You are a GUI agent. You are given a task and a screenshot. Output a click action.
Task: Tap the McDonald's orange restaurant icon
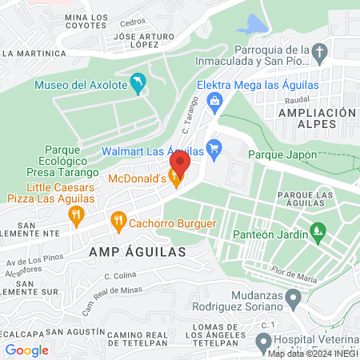[x=175, y=182]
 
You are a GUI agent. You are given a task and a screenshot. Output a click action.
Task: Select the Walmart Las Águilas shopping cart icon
[x=214, y=148]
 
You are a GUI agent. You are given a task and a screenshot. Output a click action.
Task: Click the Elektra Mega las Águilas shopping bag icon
[x=214, y=100]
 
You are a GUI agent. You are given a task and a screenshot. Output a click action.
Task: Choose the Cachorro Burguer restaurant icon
[x=118, y=219]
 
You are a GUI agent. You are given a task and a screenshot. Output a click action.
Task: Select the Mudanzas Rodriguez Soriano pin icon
[x=293, y=300]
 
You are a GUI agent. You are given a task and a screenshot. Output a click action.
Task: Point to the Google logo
[x=26, y=350]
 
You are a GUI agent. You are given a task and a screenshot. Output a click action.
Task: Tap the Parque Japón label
[x=282, y=154]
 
